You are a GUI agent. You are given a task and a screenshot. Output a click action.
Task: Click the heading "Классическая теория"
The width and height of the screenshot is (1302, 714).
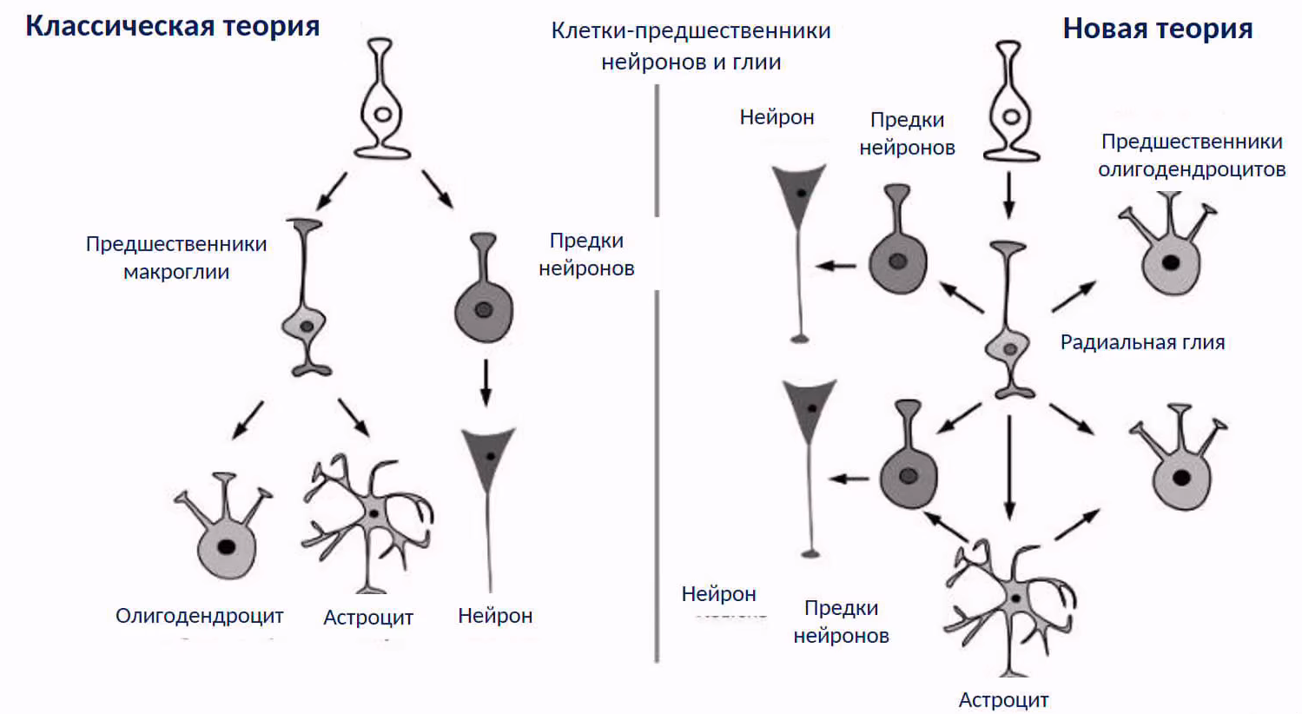point(172,26)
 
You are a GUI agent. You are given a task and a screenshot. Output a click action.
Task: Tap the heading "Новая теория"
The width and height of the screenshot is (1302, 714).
point(1157,29)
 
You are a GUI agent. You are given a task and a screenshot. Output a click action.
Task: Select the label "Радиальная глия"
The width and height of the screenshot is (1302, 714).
point(1142,342)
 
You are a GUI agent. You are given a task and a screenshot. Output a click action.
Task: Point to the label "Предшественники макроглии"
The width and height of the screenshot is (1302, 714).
point(176,257)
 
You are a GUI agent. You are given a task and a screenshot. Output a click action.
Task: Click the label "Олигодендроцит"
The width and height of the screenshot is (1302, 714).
point(199,616)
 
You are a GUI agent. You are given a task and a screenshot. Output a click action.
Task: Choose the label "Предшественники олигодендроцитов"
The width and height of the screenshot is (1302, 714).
point(1192,155)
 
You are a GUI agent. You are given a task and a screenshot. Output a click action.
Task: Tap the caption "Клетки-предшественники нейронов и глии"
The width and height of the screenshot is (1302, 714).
point(691,46)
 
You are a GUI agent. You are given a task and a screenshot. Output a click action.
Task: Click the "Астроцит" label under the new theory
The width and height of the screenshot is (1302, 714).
point(1003,699)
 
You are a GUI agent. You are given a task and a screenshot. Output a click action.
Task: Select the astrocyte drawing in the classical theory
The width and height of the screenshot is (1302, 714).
point(369,521)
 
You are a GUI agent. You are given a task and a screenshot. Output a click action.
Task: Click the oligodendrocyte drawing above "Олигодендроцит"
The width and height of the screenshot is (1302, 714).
point(225,530)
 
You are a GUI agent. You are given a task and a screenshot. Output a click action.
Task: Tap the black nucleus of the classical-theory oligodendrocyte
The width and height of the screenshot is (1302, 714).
point(227,547)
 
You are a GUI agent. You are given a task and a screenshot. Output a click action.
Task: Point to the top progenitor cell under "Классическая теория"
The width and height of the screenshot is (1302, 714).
point(382,100)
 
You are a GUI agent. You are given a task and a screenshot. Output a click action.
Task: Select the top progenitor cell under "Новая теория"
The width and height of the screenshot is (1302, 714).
point(1010,102)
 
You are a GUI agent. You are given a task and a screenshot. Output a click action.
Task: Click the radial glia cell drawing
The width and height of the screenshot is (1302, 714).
point(1008,321)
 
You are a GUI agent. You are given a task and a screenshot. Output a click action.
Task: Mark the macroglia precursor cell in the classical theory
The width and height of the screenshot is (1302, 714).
point(306,300)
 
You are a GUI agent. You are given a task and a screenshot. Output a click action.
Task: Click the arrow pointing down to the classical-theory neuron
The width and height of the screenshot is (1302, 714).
point(486,382)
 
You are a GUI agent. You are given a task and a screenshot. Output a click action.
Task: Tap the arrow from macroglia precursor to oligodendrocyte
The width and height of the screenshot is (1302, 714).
point(248,420)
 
